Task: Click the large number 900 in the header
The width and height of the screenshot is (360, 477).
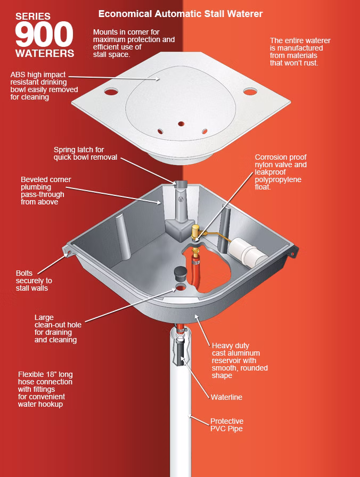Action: (x=44, y=34)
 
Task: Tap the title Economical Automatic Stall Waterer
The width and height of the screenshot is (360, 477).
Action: (x=181, y=14)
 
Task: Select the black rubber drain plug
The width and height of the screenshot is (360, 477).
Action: (x=180, y=274)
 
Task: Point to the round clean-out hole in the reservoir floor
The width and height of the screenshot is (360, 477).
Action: (x=181, y=286)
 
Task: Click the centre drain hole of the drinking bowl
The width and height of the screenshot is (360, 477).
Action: (x=181, y=124)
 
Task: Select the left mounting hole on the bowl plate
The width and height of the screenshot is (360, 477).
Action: (x=111, y=91)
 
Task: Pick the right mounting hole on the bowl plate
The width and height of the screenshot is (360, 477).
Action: (x=250, y=91)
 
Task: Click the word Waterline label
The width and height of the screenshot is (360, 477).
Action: (x=226, y=397)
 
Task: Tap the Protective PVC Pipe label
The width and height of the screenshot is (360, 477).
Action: (x=227, y=425)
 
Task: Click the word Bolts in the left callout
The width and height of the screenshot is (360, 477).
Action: (x=24, y=273)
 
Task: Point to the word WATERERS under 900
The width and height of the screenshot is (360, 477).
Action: (x=45, y=53)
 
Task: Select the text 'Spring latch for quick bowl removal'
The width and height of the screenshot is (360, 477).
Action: (x=85, y=153)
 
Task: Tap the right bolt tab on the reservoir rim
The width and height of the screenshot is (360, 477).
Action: (x=292, y=253)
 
